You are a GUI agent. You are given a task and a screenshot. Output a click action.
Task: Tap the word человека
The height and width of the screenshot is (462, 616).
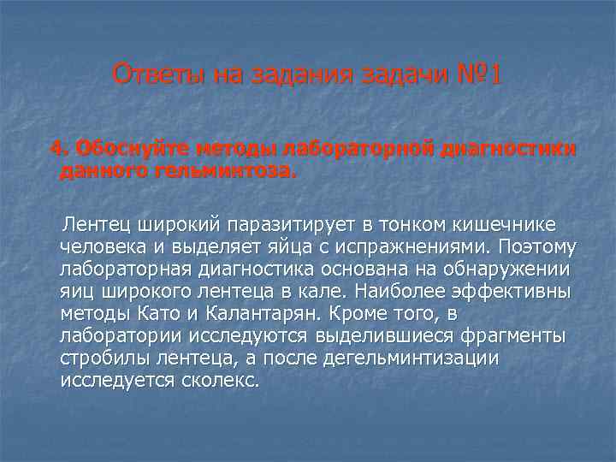[99, 246]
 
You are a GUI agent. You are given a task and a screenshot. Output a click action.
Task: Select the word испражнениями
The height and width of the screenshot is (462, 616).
[391, 246]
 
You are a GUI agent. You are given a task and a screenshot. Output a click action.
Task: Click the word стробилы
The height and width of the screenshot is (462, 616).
[100, 358]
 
